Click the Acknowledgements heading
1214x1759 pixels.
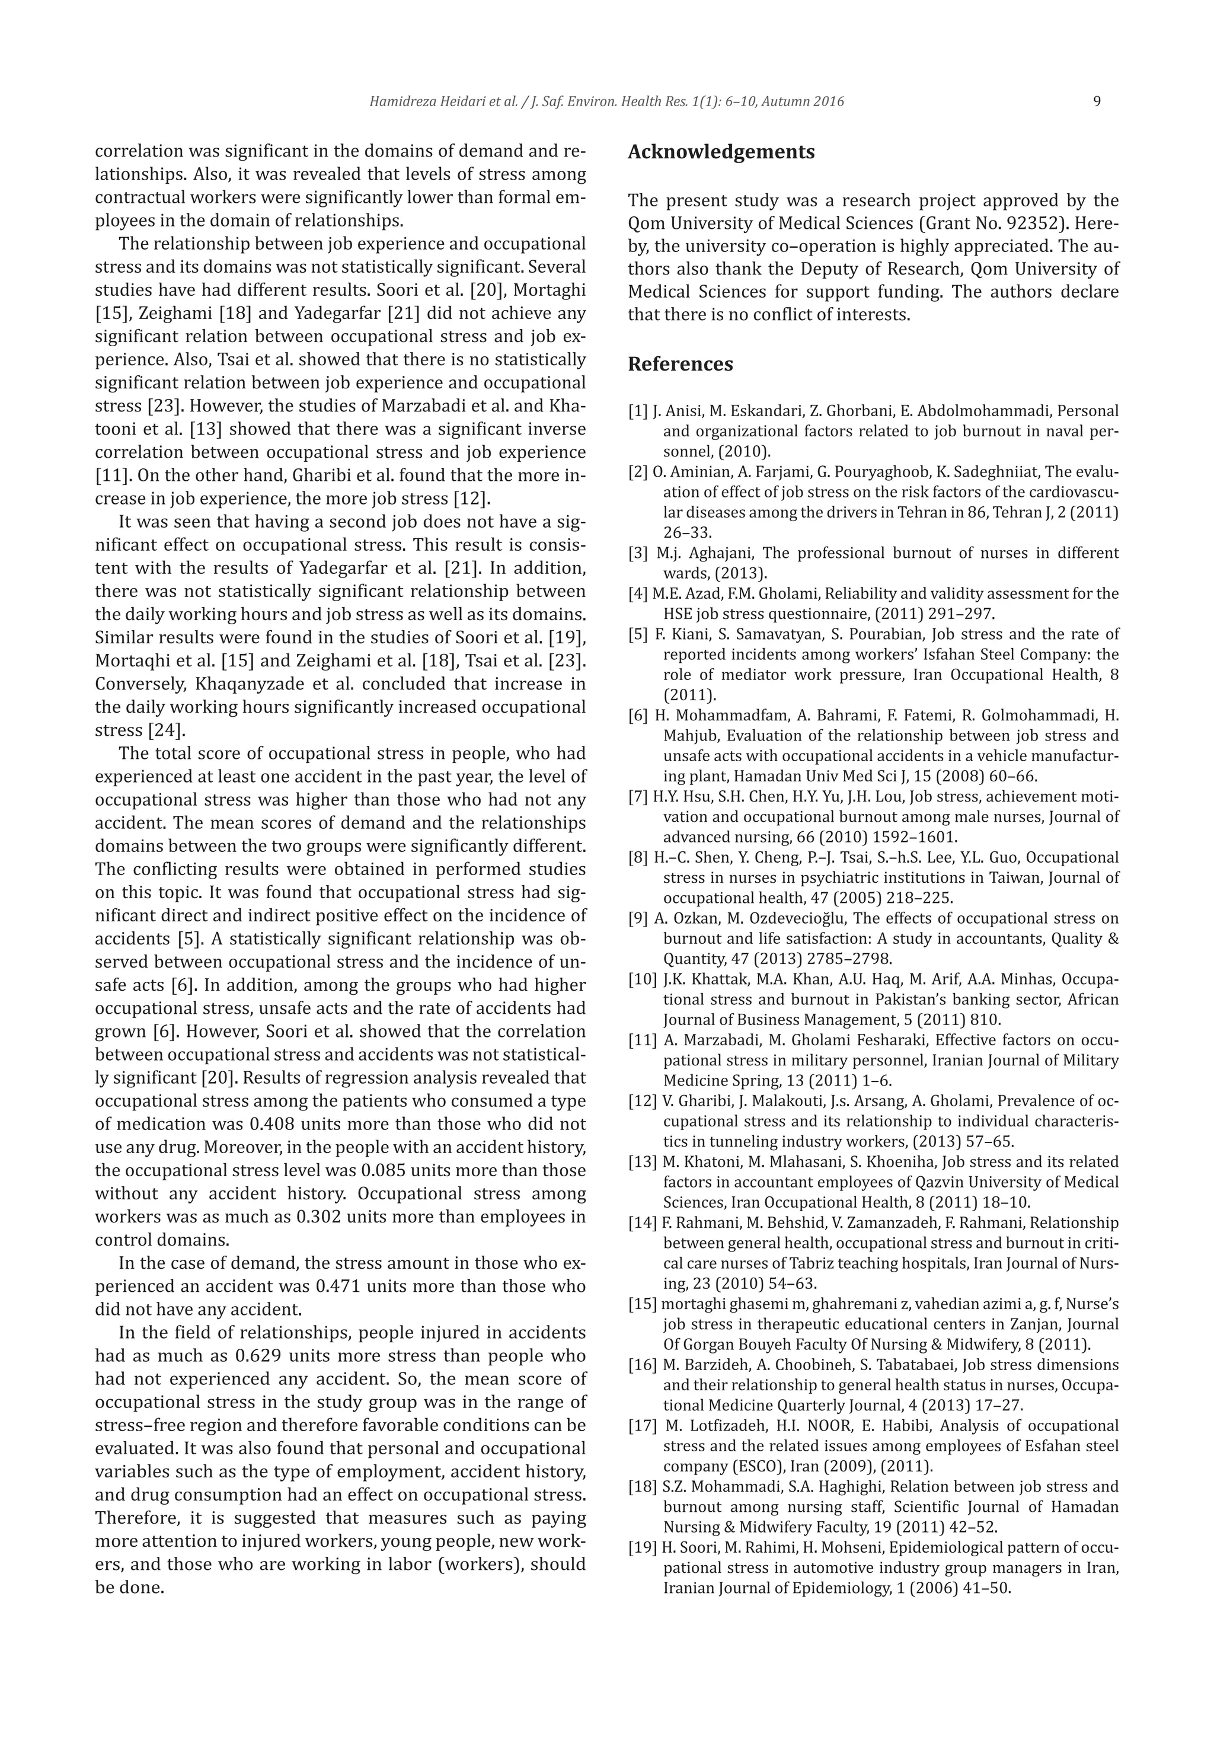(720, 152)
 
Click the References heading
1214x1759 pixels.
(680, 365)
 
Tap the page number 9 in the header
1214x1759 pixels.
(1096, 102)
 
